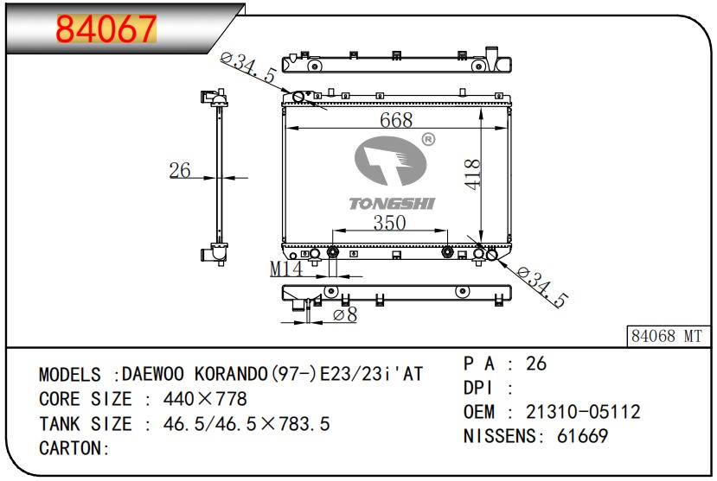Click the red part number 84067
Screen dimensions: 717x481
click(106, 28)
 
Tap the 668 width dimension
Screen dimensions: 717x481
click(396, 120)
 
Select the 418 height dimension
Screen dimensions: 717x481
click(472, 174)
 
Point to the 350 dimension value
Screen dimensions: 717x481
click(389, 223)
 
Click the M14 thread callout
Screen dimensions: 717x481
click(286, 269)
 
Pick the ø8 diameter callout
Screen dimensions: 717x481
click(345, 314)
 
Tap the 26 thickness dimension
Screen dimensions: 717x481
click(180, 170)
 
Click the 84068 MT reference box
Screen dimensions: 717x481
click(667, 336)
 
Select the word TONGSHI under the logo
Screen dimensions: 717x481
click(392, 204)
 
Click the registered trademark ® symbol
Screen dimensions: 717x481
click(428, 139)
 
